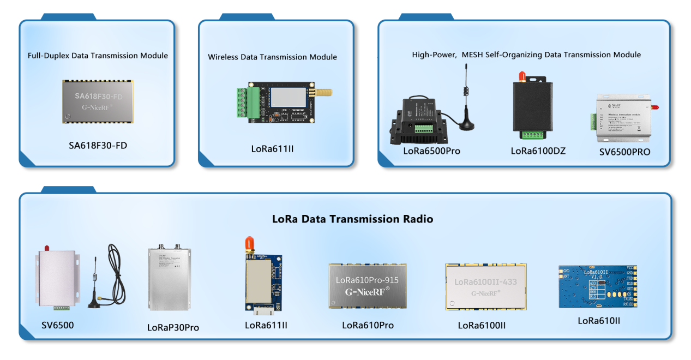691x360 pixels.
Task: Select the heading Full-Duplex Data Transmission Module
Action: pos(98,56)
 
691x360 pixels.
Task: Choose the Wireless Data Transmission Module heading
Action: pos(272,57)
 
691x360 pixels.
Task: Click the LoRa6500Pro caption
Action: pos(431,151)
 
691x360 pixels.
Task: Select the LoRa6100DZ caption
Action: pos(538,151)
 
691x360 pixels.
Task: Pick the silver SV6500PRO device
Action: pos(623,115)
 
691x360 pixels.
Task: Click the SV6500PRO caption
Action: pos(624,152)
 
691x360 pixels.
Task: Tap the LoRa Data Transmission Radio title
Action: pos(352,219)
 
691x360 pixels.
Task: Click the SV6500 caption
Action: pos(57,326)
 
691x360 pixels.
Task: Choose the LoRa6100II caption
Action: pos(482,326)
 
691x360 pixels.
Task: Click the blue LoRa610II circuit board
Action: pos(598,286)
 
